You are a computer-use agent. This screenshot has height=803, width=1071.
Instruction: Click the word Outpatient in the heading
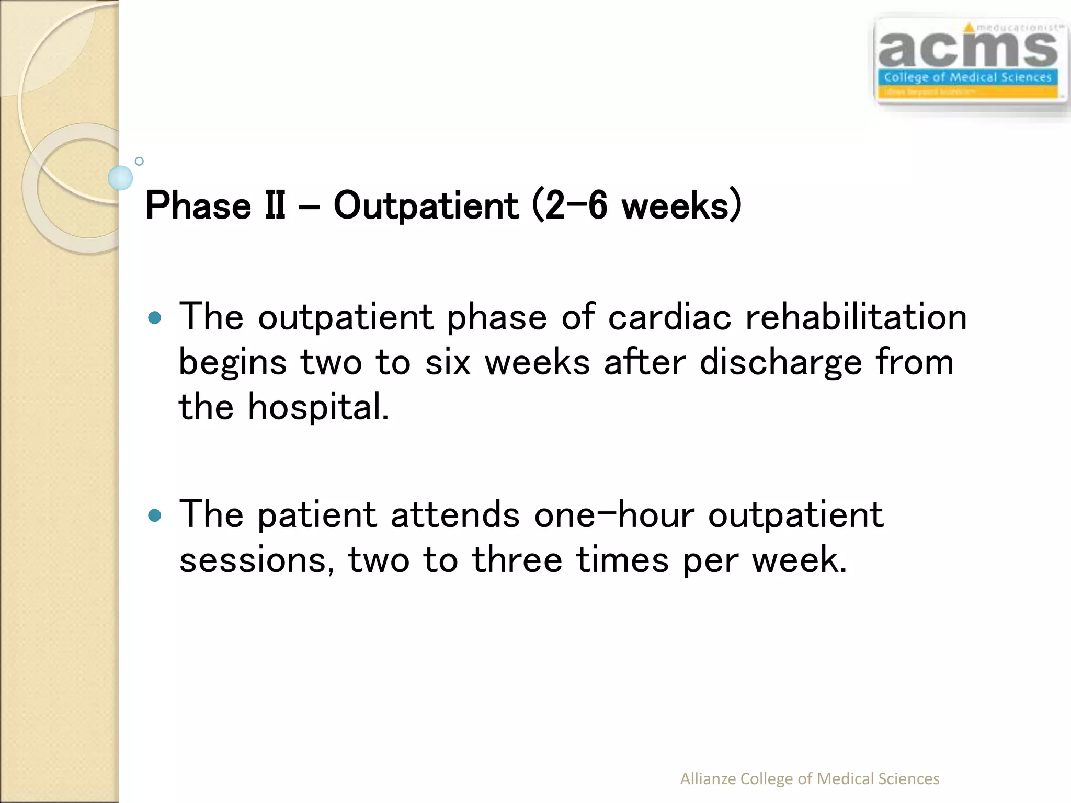426,206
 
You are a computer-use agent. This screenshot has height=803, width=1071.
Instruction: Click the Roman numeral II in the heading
275,206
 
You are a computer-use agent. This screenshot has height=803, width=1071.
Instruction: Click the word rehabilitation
856,317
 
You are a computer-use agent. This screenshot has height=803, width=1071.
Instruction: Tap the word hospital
318,407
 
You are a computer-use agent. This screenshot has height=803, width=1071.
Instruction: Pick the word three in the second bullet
517,560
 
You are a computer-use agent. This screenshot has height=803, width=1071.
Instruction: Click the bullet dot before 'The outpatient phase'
155,318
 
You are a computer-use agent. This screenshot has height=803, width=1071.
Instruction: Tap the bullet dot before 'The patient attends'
155,516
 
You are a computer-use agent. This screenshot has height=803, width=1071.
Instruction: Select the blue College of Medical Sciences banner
967,77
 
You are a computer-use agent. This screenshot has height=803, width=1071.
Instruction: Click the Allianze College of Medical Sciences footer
809,778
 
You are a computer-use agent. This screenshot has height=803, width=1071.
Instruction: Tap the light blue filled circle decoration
120,178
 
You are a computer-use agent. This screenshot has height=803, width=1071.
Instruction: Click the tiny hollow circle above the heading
139,161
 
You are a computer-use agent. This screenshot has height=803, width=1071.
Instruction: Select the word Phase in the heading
198,206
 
